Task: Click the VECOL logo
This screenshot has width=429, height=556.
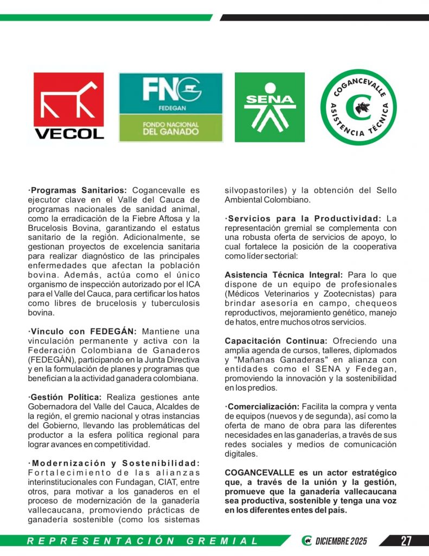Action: pos(69,106)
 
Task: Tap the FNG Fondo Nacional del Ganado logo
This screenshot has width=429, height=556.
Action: pos(171,107)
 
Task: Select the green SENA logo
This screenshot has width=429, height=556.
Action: pos(270,107)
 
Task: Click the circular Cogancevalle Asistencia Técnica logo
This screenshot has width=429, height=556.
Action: pos(358,107)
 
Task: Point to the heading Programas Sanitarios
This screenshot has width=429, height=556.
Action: pos(78,191)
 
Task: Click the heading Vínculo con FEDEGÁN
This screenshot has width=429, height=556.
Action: pos(85,331)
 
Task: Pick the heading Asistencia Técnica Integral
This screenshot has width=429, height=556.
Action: pos(284,275)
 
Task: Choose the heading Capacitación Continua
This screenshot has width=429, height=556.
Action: pos(276,341)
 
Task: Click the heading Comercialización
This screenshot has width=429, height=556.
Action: pos(263,407)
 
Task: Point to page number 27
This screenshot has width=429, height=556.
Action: pos(406,541)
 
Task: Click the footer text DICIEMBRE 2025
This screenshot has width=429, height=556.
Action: pos(341,541)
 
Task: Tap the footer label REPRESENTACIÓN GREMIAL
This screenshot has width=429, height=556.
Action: pos(143,541)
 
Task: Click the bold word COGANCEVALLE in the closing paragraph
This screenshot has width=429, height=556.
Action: pos(257,473)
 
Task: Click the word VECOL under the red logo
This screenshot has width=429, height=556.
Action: pos(69,132)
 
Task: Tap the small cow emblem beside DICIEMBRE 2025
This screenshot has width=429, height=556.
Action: pos(307,541)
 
